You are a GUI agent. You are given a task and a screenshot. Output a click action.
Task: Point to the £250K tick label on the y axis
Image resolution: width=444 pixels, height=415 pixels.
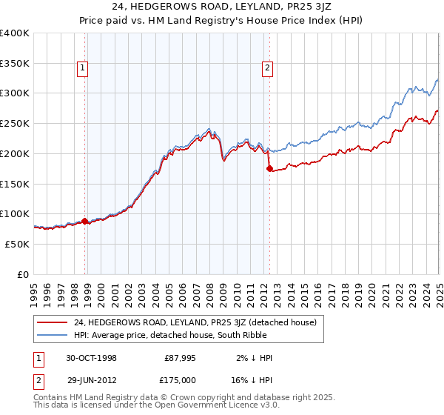click(15, 124)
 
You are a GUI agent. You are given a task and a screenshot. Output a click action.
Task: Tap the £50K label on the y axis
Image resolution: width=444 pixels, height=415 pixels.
click(18, 244)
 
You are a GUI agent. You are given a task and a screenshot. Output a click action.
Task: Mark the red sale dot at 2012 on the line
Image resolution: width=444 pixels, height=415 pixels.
click(269, 169)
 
